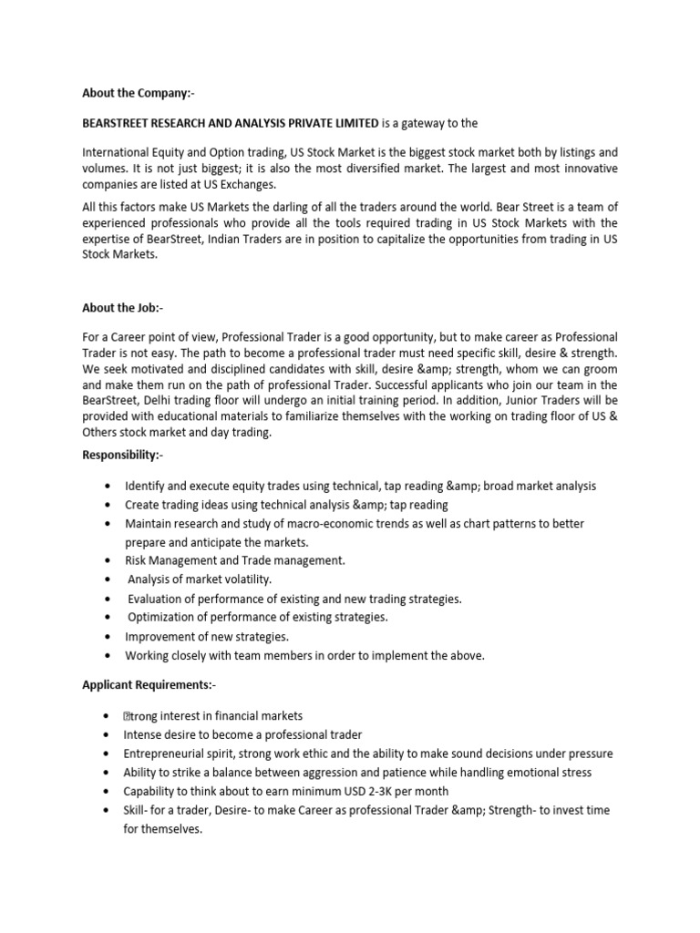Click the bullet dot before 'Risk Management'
(108, 560)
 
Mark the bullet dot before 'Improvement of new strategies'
(108, 636)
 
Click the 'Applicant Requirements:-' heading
(149, 684)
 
